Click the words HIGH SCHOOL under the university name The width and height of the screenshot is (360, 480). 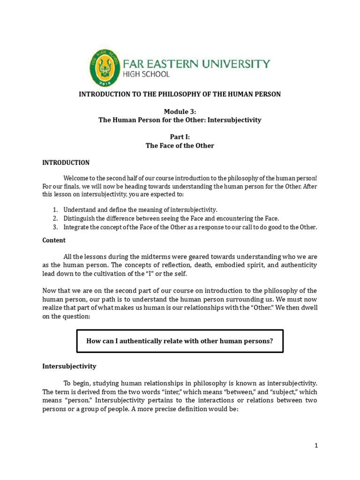[145, 74]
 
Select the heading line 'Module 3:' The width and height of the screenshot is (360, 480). [180, 111]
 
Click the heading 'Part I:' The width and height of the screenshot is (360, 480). [180, 137]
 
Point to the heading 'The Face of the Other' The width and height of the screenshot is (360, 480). [180, 146]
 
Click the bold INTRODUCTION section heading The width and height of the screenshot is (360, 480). [66, 163]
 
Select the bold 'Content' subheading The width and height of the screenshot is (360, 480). [54, 240]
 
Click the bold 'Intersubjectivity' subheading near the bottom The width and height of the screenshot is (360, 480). [69, 366]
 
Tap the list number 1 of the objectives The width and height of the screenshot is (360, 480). [54, 210]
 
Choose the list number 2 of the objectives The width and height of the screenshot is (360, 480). [54, 218]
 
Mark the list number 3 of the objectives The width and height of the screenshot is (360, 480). [54, 227]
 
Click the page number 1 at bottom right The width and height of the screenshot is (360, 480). [316, 446]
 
